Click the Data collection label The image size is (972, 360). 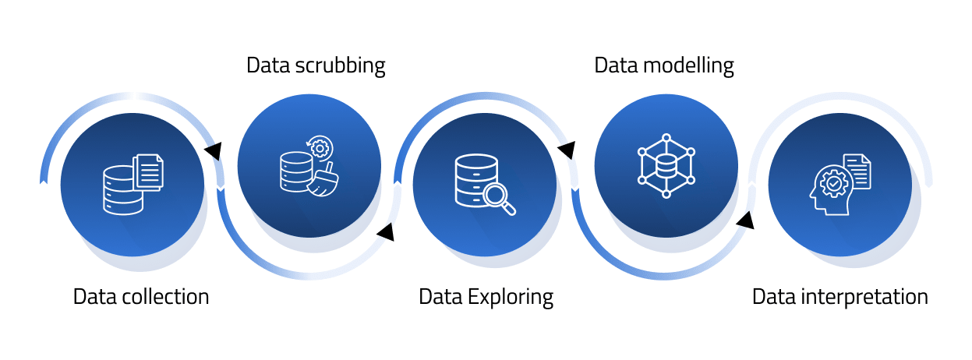coord(141,297)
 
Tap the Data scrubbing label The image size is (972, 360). coord(316,65)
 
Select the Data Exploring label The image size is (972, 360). coord(486,297)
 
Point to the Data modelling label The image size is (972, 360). coord(664,65)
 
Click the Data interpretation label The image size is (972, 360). coord(840,297)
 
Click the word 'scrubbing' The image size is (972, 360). coord(341,65)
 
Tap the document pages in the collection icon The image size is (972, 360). coord(149,171)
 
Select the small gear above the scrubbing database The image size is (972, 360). coord(320,147)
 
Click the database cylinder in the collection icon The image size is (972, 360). coord(122,189)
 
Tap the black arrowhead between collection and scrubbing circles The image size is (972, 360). coord(212,150)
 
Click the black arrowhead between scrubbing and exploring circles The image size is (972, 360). coord(386,231)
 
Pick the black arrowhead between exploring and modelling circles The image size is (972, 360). coord(567,149)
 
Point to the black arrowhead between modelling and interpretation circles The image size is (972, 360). coord(745,221)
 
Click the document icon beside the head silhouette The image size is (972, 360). coord(857,171)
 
